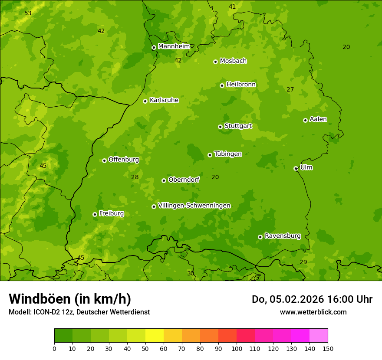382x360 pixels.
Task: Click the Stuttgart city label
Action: click(x=238, y=126)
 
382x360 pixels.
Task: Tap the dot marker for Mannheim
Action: click(x=154, y=48)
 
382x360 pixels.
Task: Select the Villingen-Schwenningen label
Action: click(x=194, y=206)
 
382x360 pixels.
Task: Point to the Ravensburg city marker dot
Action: click(x=260, y=237)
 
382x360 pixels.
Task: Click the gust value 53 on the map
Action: click(x=28, y=13)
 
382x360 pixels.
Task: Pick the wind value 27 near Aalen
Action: click(x=290, y=90)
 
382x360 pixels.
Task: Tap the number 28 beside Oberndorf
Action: click(x=135, y=177)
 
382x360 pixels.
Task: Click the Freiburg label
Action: click(x=111, y=213)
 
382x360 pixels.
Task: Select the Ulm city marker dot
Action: click(x=296, y=168)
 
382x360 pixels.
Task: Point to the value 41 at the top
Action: click(x=232, y=7)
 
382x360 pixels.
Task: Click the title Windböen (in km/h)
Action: click(x=70, y=299)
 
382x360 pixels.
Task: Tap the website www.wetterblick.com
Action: click(x=313, y=312)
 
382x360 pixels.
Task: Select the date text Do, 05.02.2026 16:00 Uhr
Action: click(x=312, y=299)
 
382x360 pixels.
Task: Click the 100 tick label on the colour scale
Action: click(x=237, y=348)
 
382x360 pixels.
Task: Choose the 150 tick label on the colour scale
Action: click(x=328, y=348)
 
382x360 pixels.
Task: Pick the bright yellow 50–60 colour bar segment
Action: click(x=155, y=336)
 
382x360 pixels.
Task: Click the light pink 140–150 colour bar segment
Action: click(x=319, y=336)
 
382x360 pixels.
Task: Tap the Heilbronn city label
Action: click(x=241, y=85)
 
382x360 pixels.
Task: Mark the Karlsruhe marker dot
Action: click(x=145, y=101)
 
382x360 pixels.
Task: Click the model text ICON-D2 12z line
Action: click(x=79, y=312)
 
